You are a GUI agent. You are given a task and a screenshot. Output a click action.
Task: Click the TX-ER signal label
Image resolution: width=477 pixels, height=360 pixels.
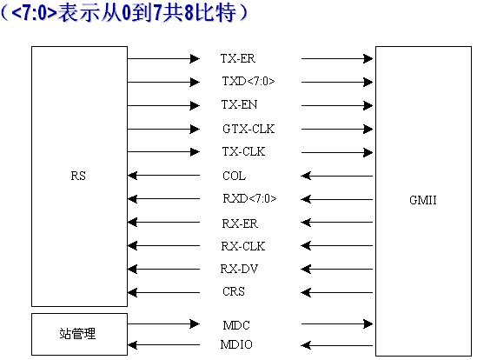click(237, 58)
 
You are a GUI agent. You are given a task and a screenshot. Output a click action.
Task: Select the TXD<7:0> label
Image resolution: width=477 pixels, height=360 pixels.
click(248, 82)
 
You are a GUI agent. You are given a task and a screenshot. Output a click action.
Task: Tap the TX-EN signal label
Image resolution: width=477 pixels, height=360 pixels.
click(239, 104)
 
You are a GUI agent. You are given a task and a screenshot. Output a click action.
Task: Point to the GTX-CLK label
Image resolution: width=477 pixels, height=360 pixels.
click(248, 129)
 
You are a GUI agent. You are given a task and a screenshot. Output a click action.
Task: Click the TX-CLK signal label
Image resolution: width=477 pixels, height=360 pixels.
click(243, 151)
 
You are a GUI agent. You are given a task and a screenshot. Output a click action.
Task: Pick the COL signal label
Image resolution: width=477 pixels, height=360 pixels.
click(234, 176)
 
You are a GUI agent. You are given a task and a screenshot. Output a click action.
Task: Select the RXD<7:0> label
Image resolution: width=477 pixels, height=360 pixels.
click(249, 198)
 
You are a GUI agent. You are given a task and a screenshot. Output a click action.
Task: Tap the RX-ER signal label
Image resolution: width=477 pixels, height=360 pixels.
click(240, 223)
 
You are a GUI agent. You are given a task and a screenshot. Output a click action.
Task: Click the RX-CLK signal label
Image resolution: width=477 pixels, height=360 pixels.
click(243, 246)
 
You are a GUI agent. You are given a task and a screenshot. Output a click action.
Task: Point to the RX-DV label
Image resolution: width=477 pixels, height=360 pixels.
click(239, 269)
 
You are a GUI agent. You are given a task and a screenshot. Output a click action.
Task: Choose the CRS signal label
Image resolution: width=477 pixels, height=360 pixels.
click(234, 292)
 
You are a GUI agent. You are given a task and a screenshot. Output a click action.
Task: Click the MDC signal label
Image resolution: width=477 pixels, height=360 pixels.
click(236, 325)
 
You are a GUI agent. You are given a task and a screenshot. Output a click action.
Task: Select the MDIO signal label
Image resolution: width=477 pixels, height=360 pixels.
click(236, 344)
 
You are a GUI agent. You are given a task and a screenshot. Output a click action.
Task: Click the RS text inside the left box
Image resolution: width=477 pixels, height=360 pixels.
click(78, 176)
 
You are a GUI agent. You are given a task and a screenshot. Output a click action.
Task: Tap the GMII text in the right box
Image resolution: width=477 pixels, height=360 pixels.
click(423, 200)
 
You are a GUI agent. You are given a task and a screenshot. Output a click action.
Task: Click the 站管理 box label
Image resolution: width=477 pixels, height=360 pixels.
click(77, 334)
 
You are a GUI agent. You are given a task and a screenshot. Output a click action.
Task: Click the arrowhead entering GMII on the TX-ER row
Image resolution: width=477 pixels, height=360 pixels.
click(368, 58)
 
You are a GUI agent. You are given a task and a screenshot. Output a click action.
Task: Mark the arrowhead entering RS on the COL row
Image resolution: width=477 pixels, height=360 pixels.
click(133, 176)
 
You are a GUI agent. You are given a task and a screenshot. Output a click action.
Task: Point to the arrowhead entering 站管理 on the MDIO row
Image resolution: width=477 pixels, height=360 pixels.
click(133, 345)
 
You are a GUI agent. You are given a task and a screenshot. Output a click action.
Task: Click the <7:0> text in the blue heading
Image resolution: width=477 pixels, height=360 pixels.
click(35, 13)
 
